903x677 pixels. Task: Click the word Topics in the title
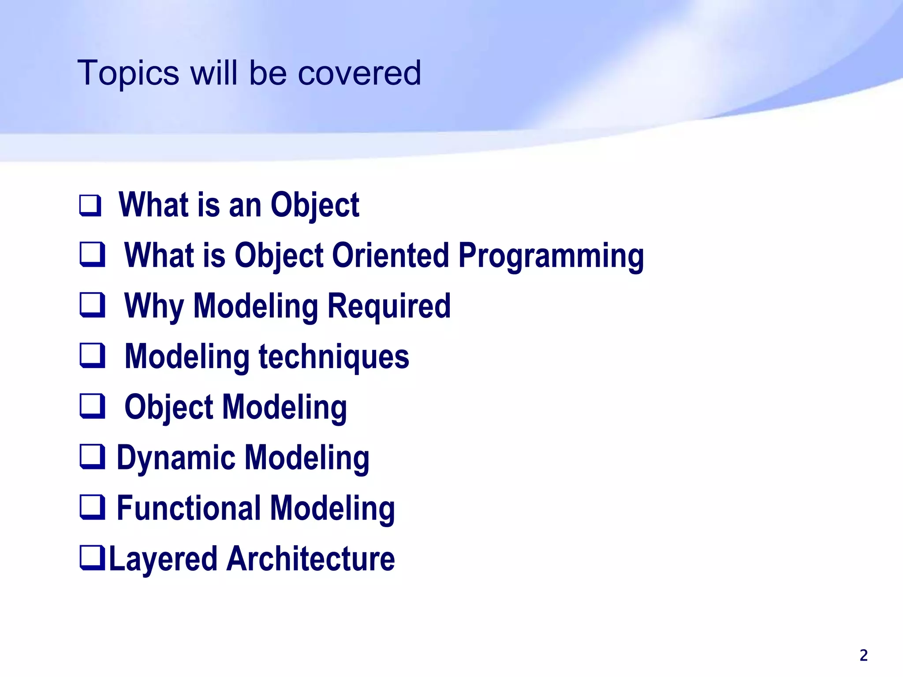click(128, 74)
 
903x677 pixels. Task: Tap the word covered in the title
click(359, 74)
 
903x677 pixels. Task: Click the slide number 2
click(863, 655)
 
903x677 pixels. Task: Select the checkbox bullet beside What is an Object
click(90, 205)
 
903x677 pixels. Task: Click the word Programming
click(551, 256)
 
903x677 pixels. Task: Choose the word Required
click(389, 306)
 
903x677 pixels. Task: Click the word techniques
click(334, 357)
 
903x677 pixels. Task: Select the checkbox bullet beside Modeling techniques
click(92, 356)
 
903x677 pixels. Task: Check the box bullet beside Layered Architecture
click(92, 558)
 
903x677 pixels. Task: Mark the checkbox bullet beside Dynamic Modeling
click(92, 457)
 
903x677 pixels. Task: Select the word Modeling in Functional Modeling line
click(332, 509)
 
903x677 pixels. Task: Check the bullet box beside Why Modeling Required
click(92, 305)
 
